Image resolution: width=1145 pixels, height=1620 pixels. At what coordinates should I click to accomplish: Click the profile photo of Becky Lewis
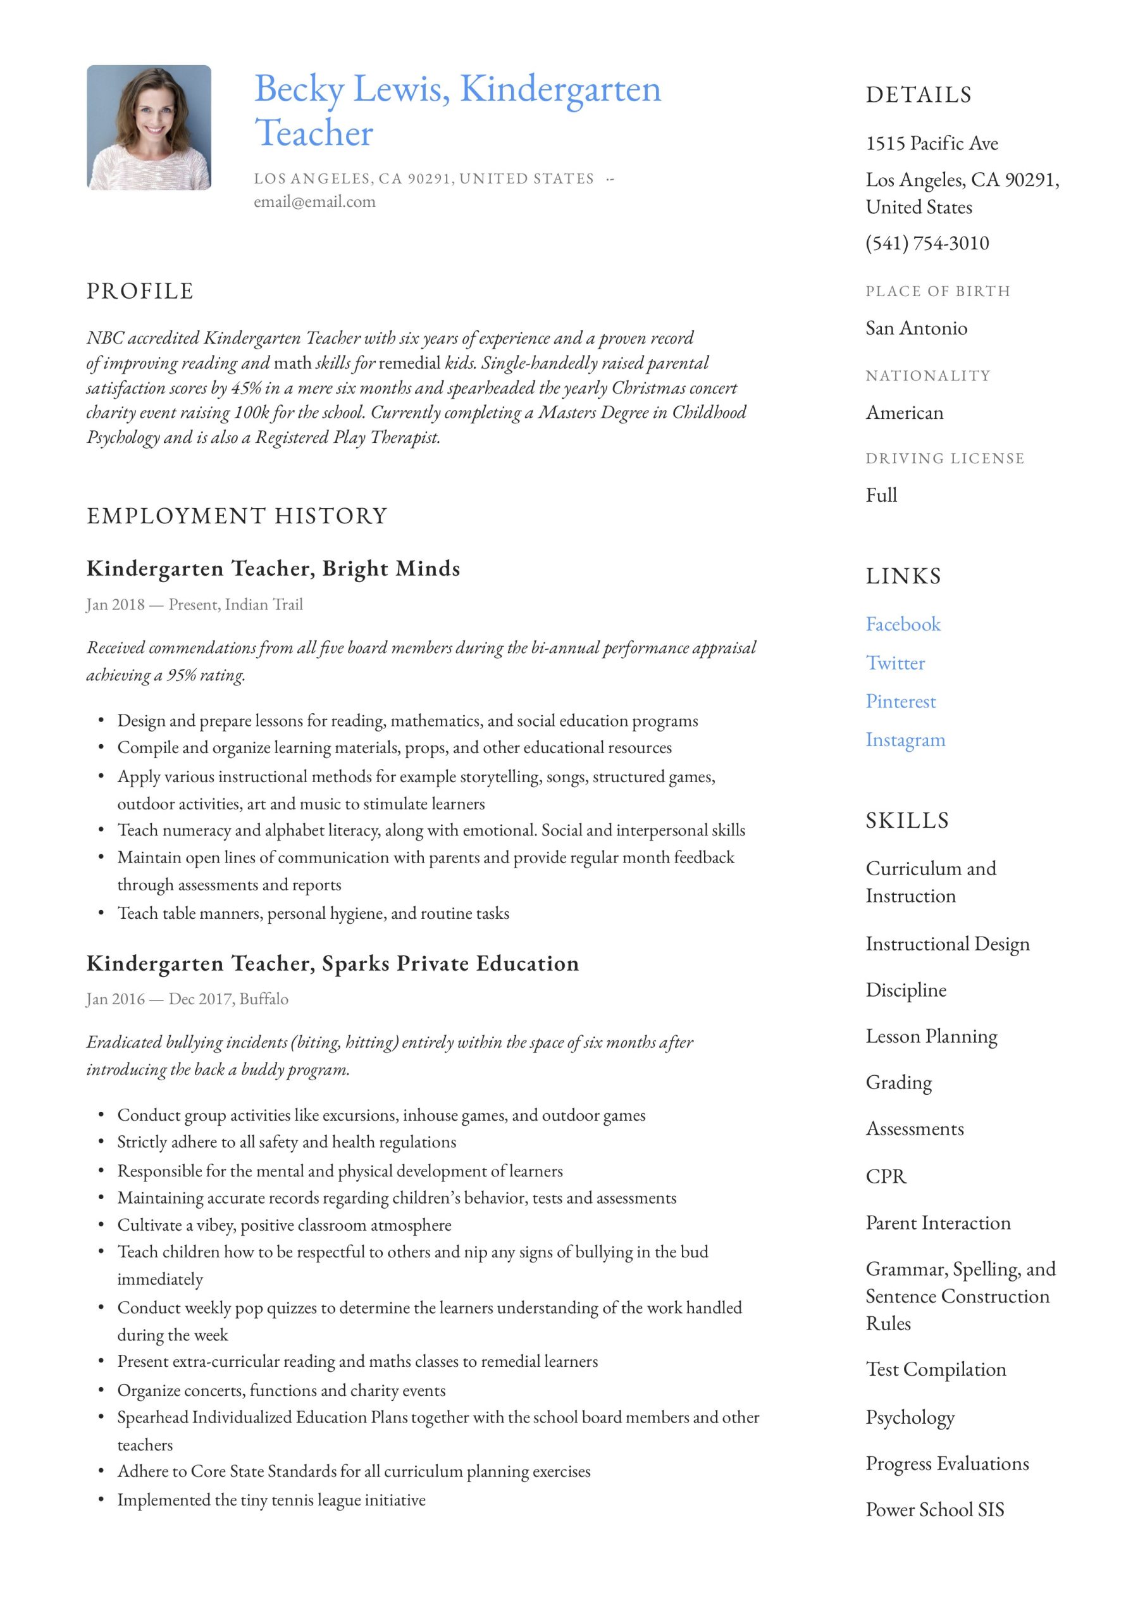tap(149, 128)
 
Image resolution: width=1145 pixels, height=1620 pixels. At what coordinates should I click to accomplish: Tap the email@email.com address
tap(314, 202)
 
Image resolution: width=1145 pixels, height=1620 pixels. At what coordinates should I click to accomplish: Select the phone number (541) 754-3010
tap(926, 244)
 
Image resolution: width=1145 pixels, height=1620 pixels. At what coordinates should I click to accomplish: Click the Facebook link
tap(902, 625)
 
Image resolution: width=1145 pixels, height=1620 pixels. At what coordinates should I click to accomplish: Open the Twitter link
tap(894, 663)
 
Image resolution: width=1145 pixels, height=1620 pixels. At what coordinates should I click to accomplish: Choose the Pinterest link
tap(900, 701)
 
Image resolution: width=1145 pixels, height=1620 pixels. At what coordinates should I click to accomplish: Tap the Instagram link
tap(905, 740)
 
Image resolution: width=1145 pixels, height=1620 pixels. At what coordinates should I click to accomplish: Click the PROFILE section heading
tap(140, 291)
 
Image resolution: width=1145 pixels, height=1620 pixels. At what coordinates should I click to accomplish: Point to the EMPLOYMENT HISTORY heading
tap(237, 516)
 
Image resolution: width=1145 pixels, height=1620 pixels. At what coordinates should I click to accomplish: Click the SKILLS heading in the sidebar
tap(907, 821)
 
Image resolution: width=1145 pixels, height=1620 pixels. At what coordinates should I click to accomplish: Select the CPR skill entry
tap(886, 1176)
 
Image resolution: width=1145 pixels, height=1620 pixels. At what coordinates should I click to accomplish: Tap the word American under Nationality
tap(904, 413)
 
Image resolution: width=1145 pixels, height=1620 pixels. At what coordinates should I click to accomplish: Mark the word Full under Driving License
tap(881, 495)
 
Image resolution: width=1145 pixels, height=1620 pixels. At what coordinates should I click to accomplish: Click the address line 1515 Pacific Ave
tap(931, 144)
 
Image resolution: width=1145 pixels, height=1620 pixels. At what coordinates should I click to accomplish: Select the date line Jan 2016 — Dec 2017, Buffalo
tap(187, 999)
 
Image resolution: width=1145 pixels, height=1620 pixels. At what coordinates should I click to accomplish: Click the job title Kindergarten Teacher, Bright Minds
tap(273, 569)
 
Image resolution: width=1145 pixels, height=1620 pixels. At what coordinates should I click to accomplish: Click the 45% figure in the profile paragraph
tap(246, 388)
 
